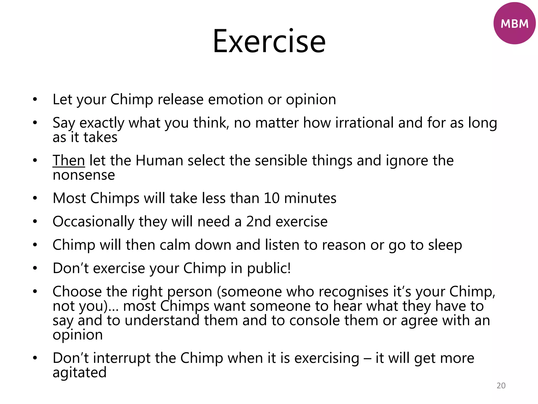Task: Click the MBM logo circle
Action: pyautogui.click(x=514, y=23)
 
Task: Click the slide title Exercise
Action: pyautogui.click(x=269, y=42)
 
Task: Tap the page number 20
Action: pyautogui.click(x=501, y=385)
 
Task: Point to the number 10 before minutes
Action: pyautogui.click(x=271, y=198)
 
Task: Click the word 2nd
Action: pyautogui.click(x=258, y=221)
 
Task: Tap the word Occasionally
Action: pyautogui.click(x=93, y=221)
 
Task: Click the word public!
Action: pyautogui.click(x=269, y=268)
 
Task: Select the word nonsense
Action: pyautogui.click(x=84, y=175)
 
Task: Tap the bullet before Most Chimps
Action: pyautogui.click(x=35, y=198)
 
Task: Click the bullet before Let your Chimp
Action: pyautogui.click(x=35, y=99)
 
